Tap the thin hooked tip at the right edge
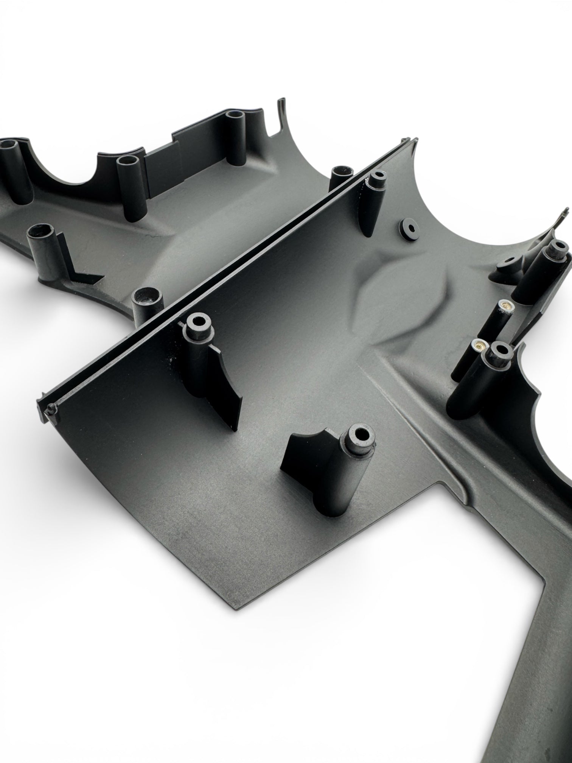pyautogui.click(x=564, y=211)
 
